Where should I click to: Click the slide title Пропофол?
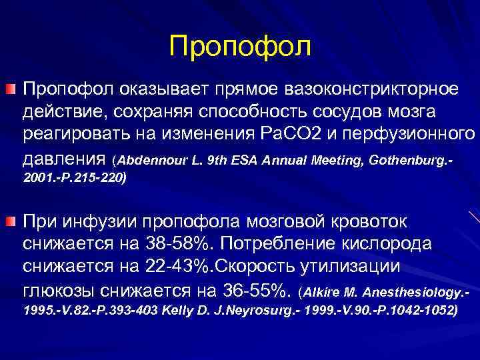tap(240, 46)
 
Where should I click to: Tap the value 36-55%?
tap(253, 290)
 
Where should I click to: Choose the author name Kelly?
tap(170, 311)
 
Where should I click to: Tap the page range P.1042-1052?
tap(413, 311)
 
